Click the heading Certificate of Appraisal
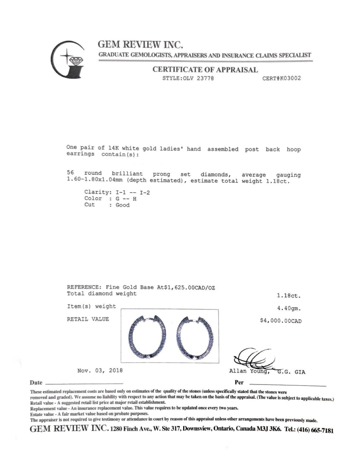point(205,69)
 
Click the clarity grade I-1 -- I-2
point(133,192)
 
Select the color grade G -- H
point(126,199)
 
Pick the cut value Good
point(123,205)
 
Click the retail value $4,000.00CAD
point(281,321)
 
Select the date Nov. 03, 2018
point(100,370)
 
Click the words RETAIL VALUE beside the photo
point(88,319)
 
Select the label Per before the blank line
point(239,382)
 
